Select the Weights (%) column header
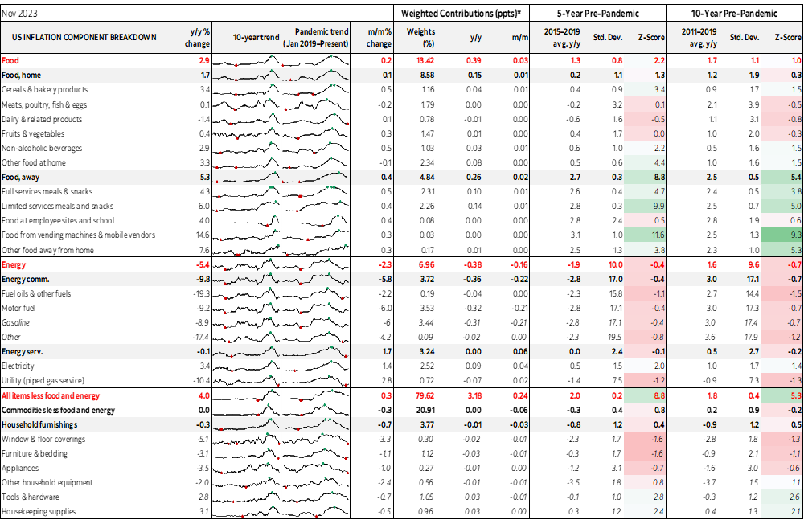420,38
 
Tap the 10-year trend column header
256,38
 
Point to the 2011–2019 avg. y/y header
699,38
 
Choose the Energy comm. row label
27,278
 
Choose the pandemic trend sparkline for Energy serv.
317,351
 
